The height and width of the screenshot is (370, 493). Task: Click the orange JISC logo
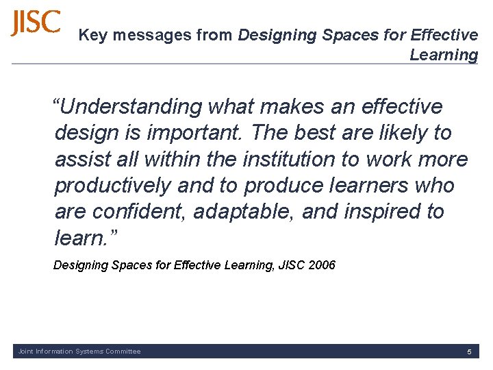pos(36,23)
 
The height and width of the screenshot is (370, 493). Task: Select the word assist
pos(84,160)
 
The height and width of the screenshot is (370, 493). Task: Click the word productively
pos(113,186)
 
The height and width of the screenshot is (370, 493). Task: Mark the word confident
pos(141,212)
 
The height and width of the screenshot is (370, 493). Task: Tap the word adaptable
pos(244,212)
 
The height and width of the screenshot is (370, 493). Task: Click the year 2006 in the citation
pos(322,265)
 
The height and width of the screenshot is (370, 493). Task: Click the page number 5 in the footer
pos(469,351)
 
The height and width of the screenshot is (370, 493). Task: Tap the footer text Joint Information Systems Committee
pos(79,351)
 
